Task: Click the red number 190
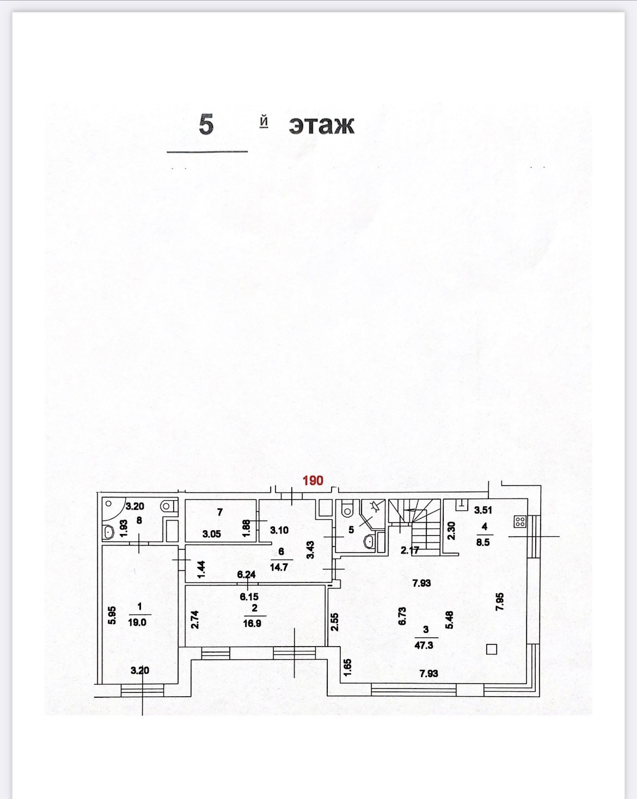point(313,481)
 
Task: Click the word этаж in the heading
point(321,125)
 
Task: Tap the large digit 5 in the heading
point(206,125)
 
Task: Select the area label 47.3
point(424,645)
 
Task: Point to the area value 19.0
point(137,622)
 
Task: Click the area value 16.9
point(252,623)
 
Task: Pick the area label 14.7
point(279,567)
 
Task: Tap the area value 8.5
point(483,542)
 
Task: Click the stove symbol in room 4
point(520,522)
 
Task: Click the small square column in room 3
point(492,649)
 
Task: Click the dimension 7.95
point(500,601)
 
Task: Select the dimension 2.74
point(195,619)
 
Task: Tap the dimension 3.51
point(483,510)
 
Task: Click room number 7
point(220,512)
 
